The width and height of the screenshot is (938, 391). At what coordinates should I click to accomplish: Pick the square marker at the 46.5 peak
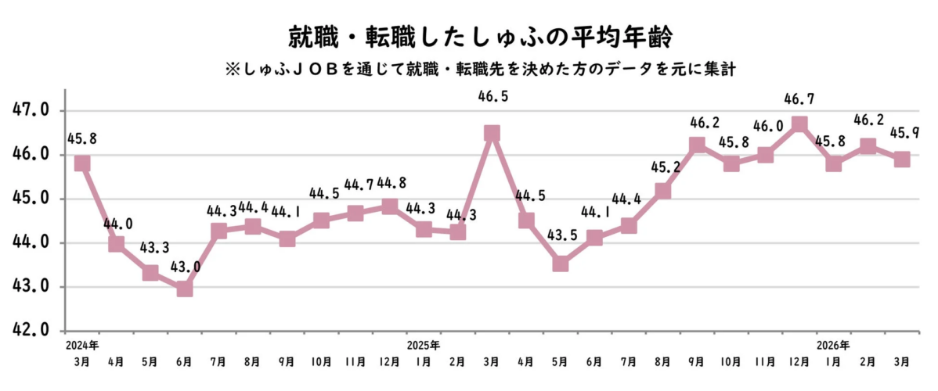tap(492, 134)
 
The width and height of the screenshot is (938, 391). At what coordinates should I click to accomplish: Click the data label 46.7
tap(799, 99)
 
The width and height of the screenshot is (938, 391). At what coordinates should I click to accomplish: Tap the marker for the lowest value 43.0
tap(185, 289)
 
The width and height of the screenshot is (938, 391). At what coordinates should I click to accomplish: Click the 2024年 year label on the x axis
tap(82, 345)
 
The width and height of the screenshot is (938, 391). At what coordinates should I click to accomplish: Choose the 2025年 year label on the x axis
tap(424, 345)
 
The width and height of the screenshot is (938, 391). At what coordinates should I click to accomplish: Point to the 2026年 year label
tap(833, 345)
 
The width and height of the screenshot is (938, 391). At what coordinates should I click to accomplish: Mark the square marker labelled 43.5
tap(560, 264)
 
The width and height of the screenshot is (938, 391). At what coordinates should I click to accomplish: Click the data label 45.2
tap(662, 166)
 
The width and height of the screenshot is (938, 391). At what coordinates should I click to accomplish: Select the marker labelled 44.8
tap(389, 206)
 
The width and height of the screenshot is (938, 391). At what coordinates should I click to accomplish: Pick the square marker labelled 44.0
tap(116, 244)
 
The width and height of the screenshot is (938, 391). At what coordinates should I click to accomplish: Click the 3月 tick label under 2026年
tap(901, 361)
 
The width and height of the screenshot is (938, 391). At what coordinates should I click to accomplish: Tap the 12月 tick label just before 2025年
tap(389, 361)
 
